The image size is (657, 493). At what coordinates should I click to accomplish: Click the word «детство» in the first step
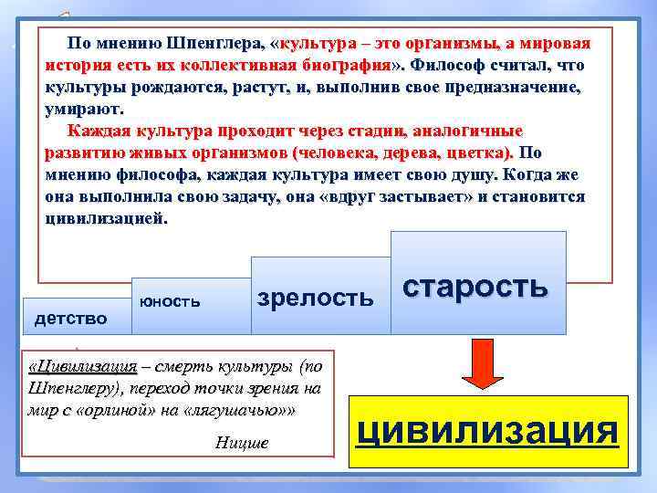(70, 318)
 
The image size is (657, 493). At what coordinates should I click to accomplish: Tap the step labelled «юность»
(169, 300)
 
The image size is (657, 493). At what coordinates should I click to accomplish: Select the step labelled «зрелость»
(316, 298)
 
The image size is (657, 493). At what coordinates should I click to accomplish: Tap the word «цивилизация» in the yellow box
(488, 428)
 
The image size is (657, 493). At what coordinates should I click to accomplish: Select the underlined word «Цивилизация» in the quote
(84, 367)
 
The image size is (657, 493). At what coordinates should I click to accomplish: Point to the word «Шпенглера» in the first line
(215, 43)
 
